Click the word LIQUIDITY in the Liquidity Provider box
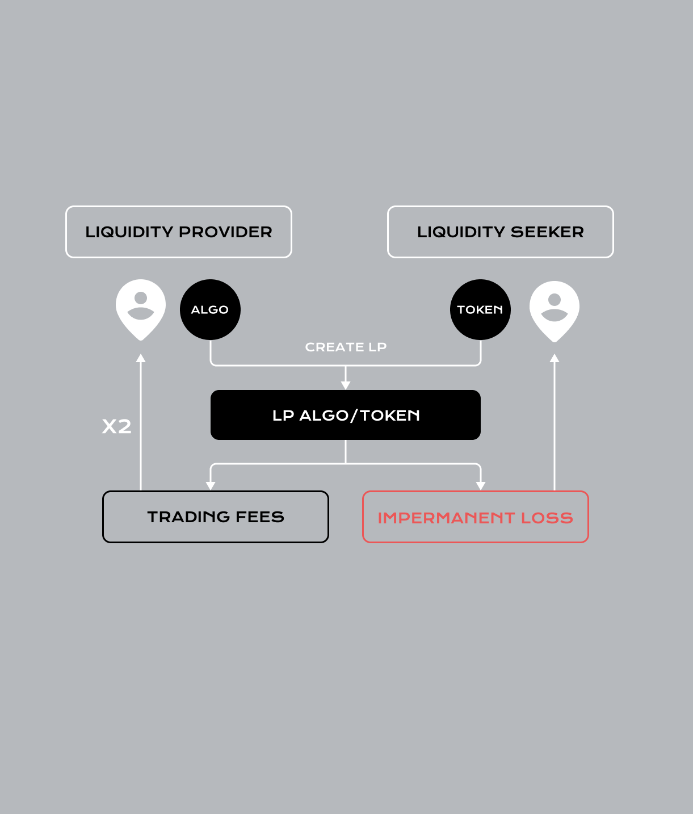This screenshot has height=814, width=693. (129, 232)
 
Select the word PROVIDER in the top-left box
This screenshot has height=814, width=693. (225, 232)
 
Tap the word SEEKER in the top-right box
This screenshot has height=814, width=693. (547, 232)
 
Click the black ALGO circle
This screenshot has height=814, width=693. (210, 309)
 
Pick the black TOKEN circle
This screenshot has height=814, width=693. (480, 309)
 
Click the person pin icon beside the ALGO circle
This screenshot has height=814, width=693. (141, 308)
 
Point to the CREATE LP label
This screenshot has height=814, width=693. (346, 347)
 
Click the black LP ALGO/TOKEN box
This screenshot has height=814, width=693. (346, 415)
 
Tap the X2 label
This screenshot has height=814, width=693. (117, 426)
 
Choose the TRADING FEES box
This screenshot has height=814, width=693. (216, 517)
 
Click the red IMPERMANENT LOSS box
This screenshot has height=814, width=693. (476, 517)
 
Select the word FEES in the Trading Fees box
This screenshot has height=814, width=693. (259, 517)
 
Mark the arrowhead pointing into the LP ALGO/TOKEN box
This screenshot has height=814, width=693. (346, 385)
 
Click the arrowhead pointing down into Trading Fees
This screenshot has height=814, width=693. (211, 485)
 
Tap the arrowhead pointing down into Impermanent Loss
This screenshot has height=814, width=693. (481, 485)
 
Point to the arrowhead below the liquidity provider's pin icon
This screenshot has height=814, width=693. (141, 358)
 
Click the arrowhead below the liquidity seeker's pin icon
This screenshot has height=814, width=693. (555, 358)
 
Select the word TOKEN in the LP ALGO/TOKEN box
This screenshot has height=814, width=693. (390, 416)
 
